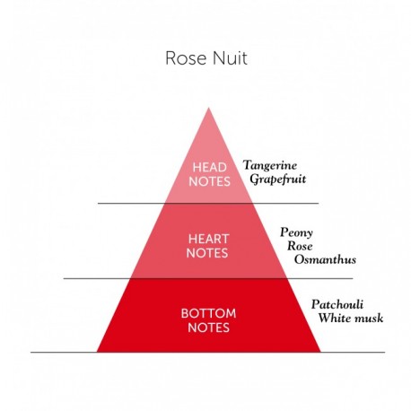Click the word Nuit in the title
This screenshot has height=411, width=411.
pos(226,58)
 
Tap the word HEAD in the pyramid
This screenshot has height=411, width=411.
pos(208,167)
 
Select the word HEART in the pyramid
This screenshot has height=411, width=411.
pos(208,239)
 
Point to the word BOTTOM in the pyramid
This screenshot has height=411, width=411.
pos(208,313)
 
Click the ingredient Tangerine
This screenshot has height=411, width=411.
pos(271,165)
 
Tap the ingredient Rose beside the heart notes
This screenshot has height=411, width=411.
pos(298,245)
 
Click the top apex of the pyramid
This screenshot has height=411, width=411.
pos(208,109)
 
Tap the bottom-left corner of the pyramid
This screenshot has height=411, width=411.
pos(97,351)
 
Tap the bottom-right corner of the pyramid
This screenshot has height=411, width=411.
pos(320,351)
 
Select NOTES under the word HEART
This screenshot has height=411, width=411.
pos(208,253)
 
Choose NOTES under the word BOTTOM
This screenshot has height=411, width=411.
pos(208,328)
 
